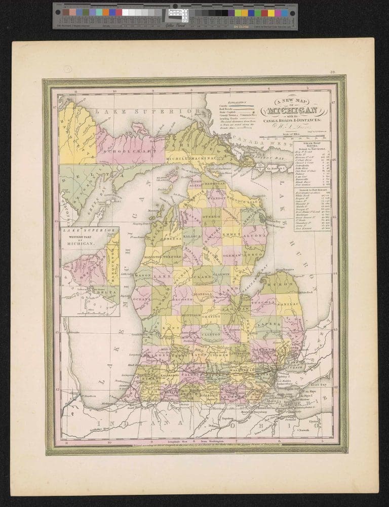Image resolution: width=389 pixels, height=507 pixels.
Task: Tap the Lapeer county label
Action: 269,321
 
